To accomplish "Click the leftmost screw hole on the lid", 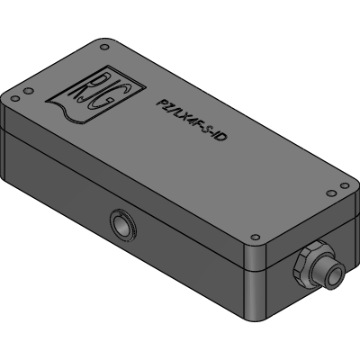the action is tap(14, 98).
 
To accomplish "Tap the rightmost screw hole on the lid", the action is tap(345, 185).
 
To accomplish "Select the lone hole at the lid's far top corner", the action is tap(104, 47).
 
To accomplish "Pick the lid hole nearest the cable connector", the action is tap(255, 238).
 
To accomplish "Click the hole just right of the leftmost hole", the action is tap(28, 90).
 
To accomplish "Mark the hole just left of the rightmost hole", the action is tap(331, 193).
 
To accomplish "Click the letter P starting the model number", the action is tap(161, 103).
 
